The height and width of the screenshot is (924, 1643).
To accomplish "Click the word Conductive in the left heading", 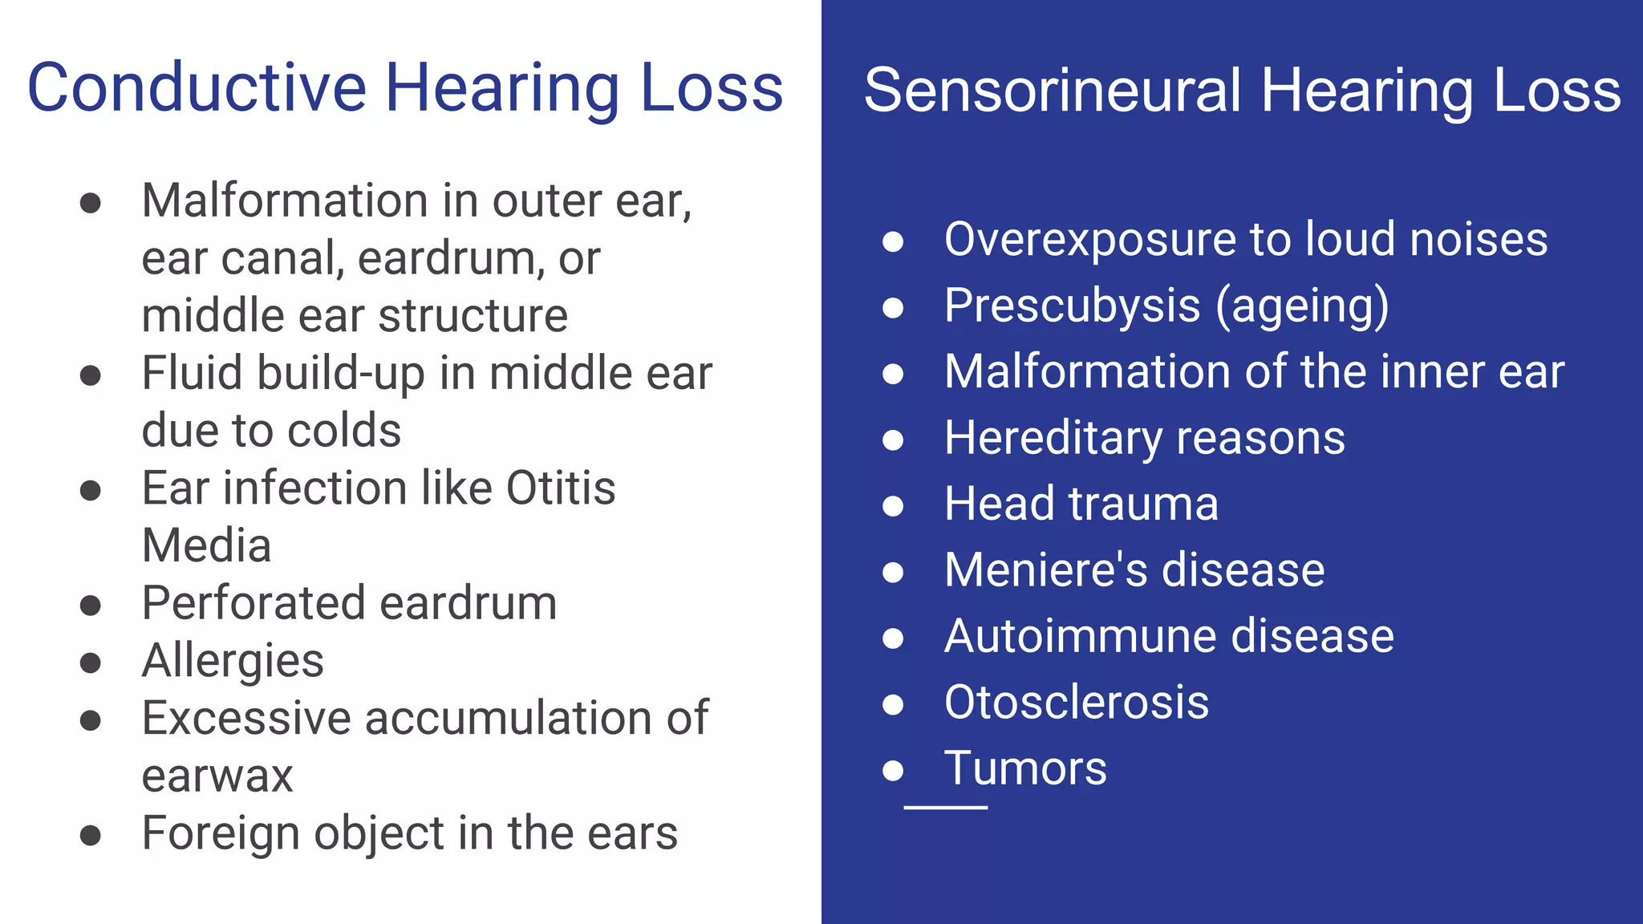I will (197, 87).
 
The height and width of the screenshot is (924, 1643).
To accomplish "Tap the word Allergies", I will (233, 661).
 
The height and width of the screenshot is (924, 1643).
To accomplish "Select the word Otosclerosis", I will (1076, 703).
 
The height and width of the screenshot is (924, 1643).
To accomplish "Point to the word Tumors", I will (1025, 768).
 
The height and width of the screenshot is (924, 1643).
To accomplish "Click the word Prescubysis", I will (1072, 306).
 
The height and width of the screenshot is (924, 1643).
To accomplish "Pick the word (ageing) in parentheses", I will (1302, 306).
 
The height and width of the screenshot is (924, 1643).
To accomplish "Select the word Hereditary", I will (1054, 439).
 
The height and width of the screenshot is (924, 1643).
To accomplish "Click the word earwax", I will (217, 776).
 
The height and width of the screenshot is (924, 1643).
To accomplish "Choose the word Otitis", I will (561, 488).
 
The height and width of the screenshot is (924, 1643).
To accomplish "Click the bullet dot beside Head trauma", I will (893, 505).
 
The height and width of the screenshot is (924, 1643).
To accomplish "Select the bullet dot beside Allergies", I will (91, 663).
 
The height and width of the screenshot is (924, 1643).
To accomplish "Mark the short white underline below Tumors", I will (945, 807).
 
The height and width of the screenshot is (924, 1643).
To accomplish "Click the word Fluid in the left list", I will (192, 373).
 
